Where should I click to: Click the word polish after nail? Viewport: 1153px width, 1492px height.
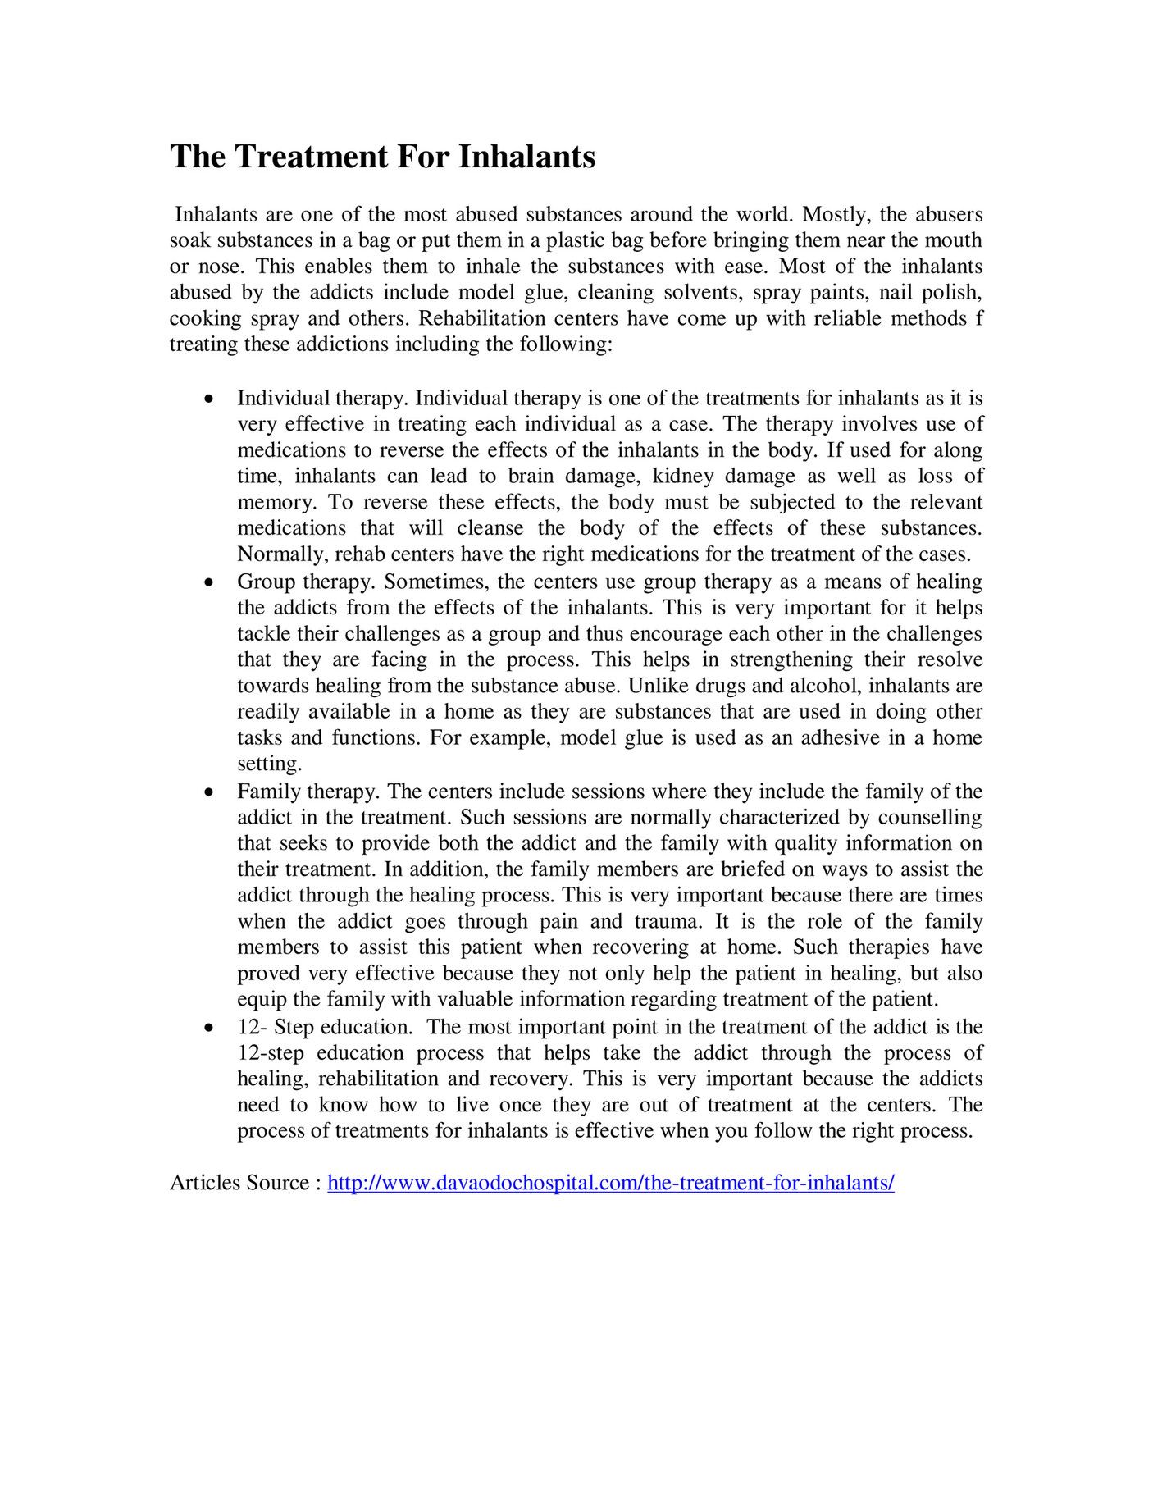coord(951,292)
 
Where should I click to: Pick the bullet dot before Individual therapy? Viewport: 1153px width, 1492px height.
coord(210,399)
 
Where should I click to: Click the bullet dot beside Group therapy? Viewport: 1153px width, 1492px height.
coord(210,583)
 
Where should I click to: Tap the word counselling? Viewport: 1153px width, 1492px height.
coord(930,818)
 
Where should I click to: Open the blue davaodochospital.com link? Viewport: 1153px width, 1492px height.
coord(610,1184)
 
